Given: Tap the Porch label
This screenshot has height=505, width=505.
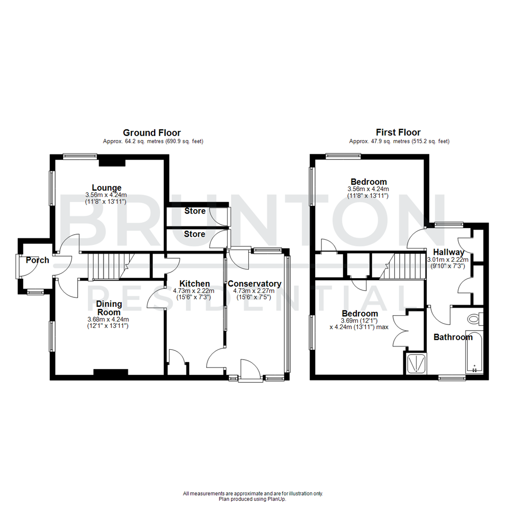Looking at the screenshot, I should click(37, 260).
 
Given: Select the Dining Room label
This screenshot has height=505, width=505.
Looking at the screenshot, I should click(108, 308).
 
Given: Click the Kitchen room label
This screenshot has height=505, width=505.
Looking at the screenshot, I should click(195, 283).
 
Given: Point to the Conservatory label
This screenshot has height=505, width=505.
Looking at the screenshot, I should click(254, 283).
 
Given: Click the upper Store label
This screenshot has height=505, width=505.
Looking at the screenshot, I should click(195, 211).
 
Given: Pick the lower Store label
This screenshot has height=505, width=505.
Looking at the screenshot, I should click(195, 233).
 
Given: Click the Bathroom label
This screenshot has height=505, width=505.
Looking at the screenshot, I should click(453, 337).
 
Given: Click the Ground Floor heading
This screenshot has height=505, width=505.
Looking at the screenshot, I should click(151, 133).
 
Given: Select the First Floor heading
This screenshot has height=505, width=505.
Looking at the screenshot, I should click(398, 133).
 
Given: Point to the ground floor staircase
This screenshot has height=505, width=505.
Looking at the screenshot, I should click(108, 267).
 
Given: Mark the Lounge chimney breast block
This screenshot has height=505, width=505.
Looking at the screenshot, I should click(112, 162).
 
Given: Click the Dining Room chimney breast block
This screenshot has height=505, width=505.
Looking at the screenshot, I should click(111, 372).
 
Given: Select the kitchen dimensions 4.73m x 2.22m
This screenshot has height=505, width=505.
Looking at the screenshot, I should click(195, 290).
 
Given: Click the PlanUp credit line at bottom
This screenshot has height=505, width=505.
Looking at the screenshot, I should click(252, 499).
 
